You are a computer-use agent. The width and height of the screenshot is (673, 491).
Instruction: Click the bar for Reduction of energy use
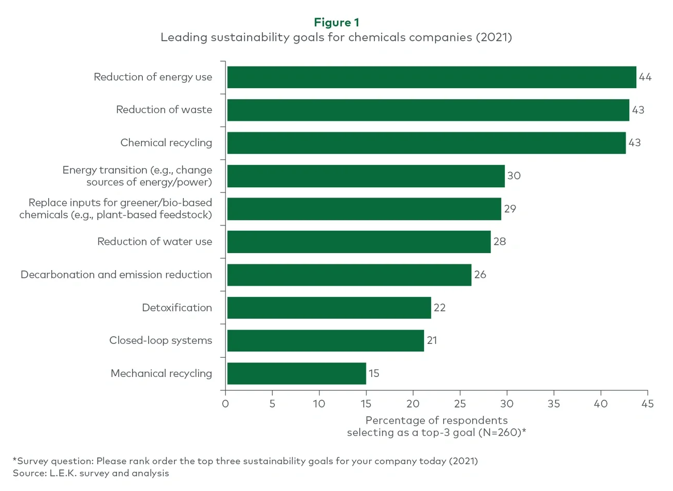click(x=431, y=77)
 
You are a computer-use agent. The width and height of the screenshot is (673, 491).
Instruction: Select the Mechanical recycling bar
click(x=296, y=373)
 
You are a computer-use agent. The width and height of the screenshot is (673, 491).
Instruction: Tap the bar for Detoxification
click(x=329, y=307)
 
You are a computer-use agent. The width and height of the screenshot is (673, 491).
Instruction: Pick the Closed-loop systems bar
click(x=325, y=341)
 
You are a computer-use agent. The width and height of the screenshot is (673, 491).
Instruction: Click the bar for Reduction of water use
click(x=358, y=242)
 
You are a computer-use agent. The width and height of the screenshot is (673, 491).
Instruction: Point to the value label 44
click(x=645, y=77)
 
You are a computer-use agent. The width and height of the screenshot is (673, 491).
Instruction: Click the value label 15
click(x=374, y=373)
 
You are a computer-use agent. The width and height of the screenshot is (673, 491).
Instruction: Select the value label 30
click(x=514, y=176)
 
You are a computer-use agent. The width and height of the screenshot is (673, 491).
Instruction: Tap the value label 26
click(x=480, y=275)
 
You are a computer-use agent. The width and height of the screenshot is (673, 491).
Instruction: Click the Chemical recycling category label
click(x=166, y=143)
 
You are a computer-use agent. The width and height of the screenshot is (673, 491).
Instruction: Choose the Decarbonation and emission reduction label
click(x=116, y=275)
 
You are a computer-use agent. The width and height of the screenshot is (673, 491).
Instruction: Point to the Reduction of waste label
click(x=164, y=110)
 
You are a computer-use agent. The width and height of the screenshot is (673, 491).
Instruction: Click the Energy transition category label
click(x=137, y=176)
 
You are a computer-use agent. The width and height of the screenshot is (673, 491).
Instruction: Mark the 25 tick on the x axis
click(x=460, y=403)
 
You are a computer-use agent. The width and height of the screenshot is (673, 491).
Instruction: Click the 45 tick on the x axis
click(x=647, y=403)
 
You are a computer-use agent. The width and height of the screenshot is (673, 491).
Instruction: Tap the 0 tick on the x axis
click(x=225, y=403)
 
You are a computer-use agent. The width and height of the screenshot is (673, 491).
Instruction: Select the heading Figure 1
click(x=336, y=22)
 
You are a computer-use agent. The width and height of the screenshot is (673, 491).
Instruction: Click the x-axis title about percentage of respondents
click(x=436, y=426)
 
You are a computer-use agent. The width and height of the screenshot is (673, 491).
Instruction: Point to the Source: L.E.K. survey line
click(x=91, y=473)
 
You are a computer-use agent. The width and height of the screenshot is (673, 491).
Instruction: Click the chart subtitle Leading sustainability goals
click(x=336, y=37)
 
